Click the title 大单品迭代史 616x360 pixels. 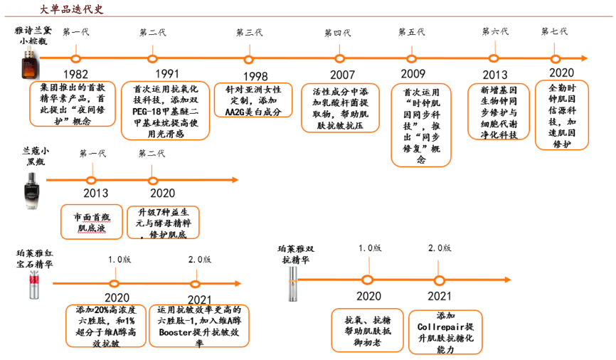[71, 9]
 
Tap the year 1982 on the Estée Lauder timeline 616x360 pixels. [75, 74]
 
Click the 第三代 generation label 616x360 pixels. [249, 33]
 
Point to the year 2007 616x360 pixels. [342, 75]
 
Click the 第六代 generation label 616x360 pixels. [495, 32]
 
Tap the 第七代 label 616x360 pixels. [554, 32]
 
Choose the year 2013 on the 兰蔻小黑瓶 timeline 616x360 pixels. [95, 194]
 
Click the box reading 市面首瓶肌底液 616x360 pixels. [91, 221]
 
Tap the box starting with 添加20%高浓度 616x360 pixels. [106, 327]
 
